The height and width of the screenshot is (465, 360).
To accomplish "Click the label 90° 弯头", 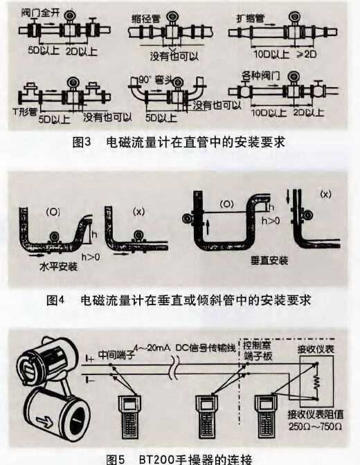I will point(154,78).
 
